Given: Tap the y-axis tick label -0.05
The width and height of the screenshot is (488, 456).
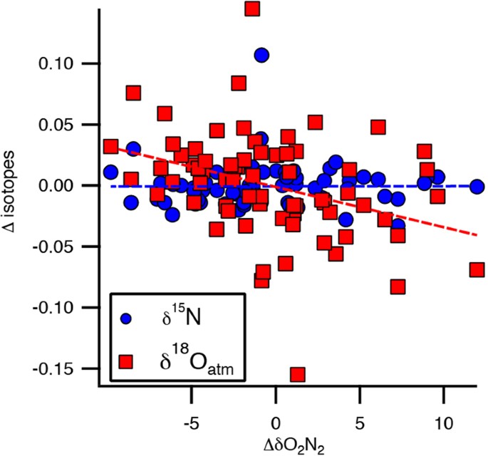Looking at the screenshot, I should point(61,247).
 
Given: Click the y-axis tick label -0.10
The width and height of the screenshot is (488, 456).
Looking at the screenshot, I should point(61,308).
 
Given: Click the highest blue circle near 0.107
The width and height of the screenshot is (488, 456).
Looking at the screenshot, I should point(261,55).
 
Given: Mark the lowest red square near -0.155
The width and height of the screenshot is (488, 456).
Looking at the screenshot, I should point(297,374).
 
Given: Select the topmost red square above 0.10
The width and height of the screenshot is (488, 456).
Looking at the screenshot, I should point(251,8).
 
